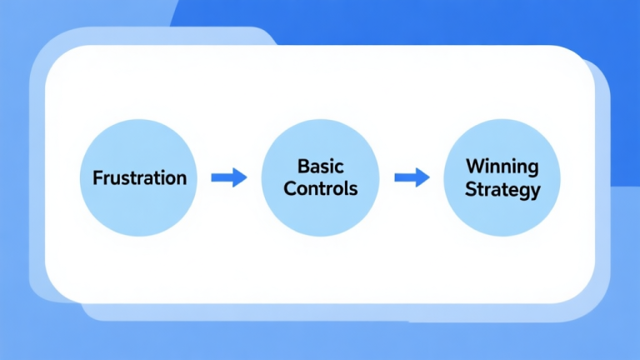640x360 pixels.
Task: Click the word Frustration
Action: [139, 178]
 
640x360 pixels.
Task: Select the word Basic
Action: [321, 167]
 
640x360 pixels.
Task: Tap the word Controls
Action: [321, 188]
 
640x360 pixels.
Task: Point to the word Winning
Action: [502, 166]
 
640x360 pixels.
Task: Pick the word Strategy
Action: [502, 189]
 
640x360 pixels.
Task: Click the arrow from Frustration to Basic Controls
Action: [228, 177]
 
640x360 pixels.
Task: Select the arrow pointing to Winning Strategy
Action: [411, 177]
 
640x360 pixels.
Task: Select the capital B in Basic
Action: [302, 167]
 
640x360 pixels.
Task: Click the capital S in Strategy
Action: [469, 189]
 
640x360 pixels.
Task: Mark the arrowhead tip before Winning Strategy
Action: [428, 177]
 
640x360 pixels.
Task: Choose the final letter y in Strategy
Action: [536, 192]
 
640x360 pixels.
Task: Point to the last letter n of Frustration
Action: [182, 179]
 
